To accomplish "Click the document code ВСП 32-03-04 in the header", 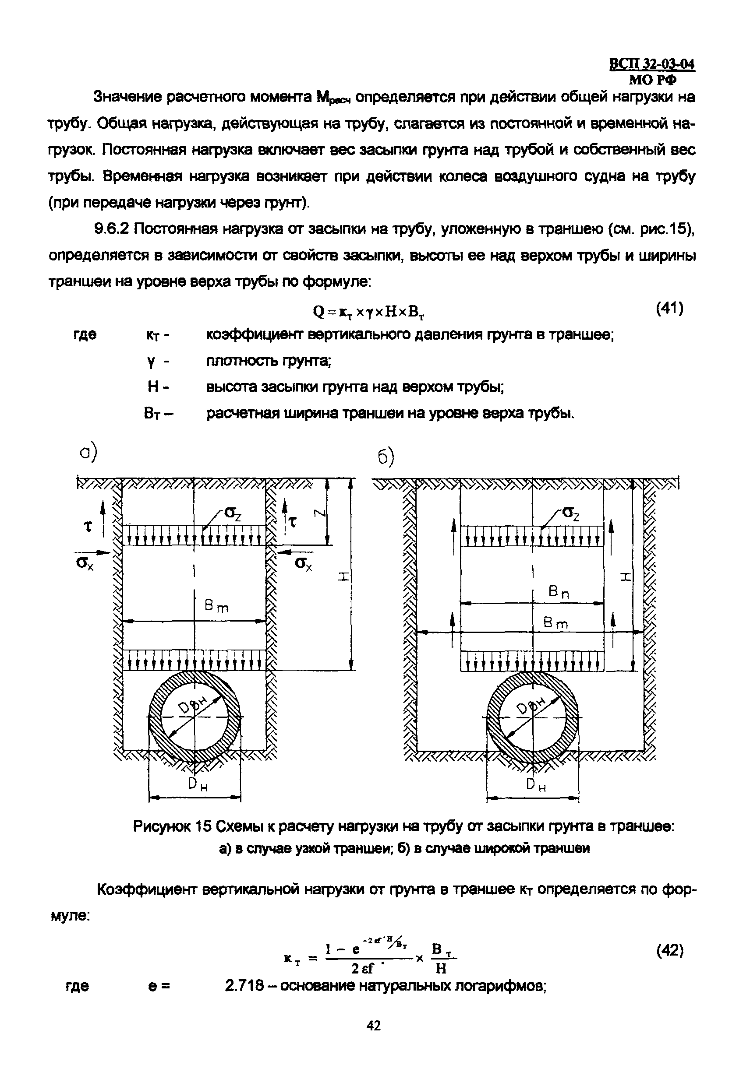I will (652, 63).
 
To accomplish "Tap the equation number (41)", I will (669, 309).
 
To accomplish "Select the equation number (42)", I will (669, 951).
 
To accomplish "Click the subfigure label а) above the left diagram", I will (88, 452).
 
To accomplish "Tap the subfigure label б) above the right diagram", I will (386, 457).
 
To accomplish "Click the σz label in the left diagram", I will (233, 513).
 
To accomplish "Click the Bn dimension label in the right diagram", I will (559, 593).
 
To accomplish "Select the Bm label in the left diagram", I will (216, 607).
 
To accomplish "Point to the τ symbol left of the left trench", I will (88, 526).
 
